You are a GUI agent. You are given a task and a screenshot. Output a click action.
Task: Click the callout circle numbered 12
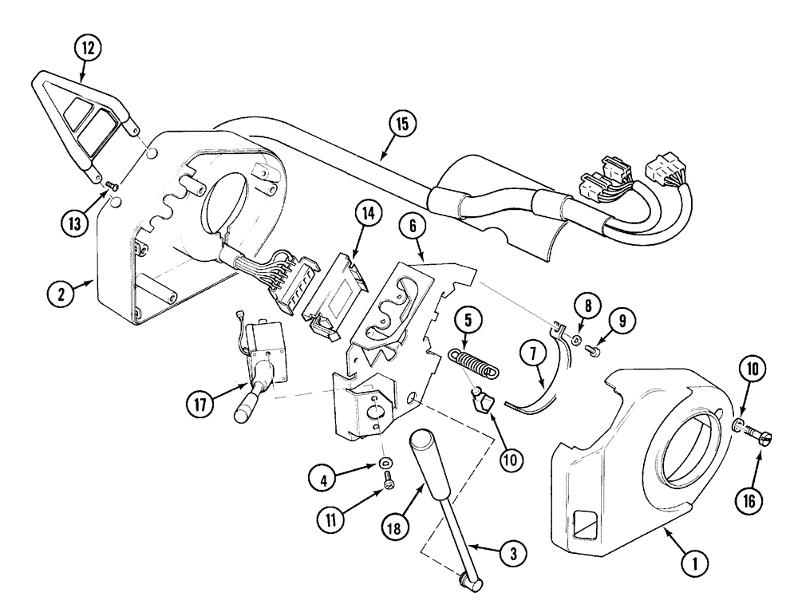pyautogui.click(x=89, y=49)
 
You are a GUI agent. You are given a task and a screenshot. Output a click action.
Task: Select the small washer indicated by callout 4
pyautogui.click(x=386, y=463)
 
